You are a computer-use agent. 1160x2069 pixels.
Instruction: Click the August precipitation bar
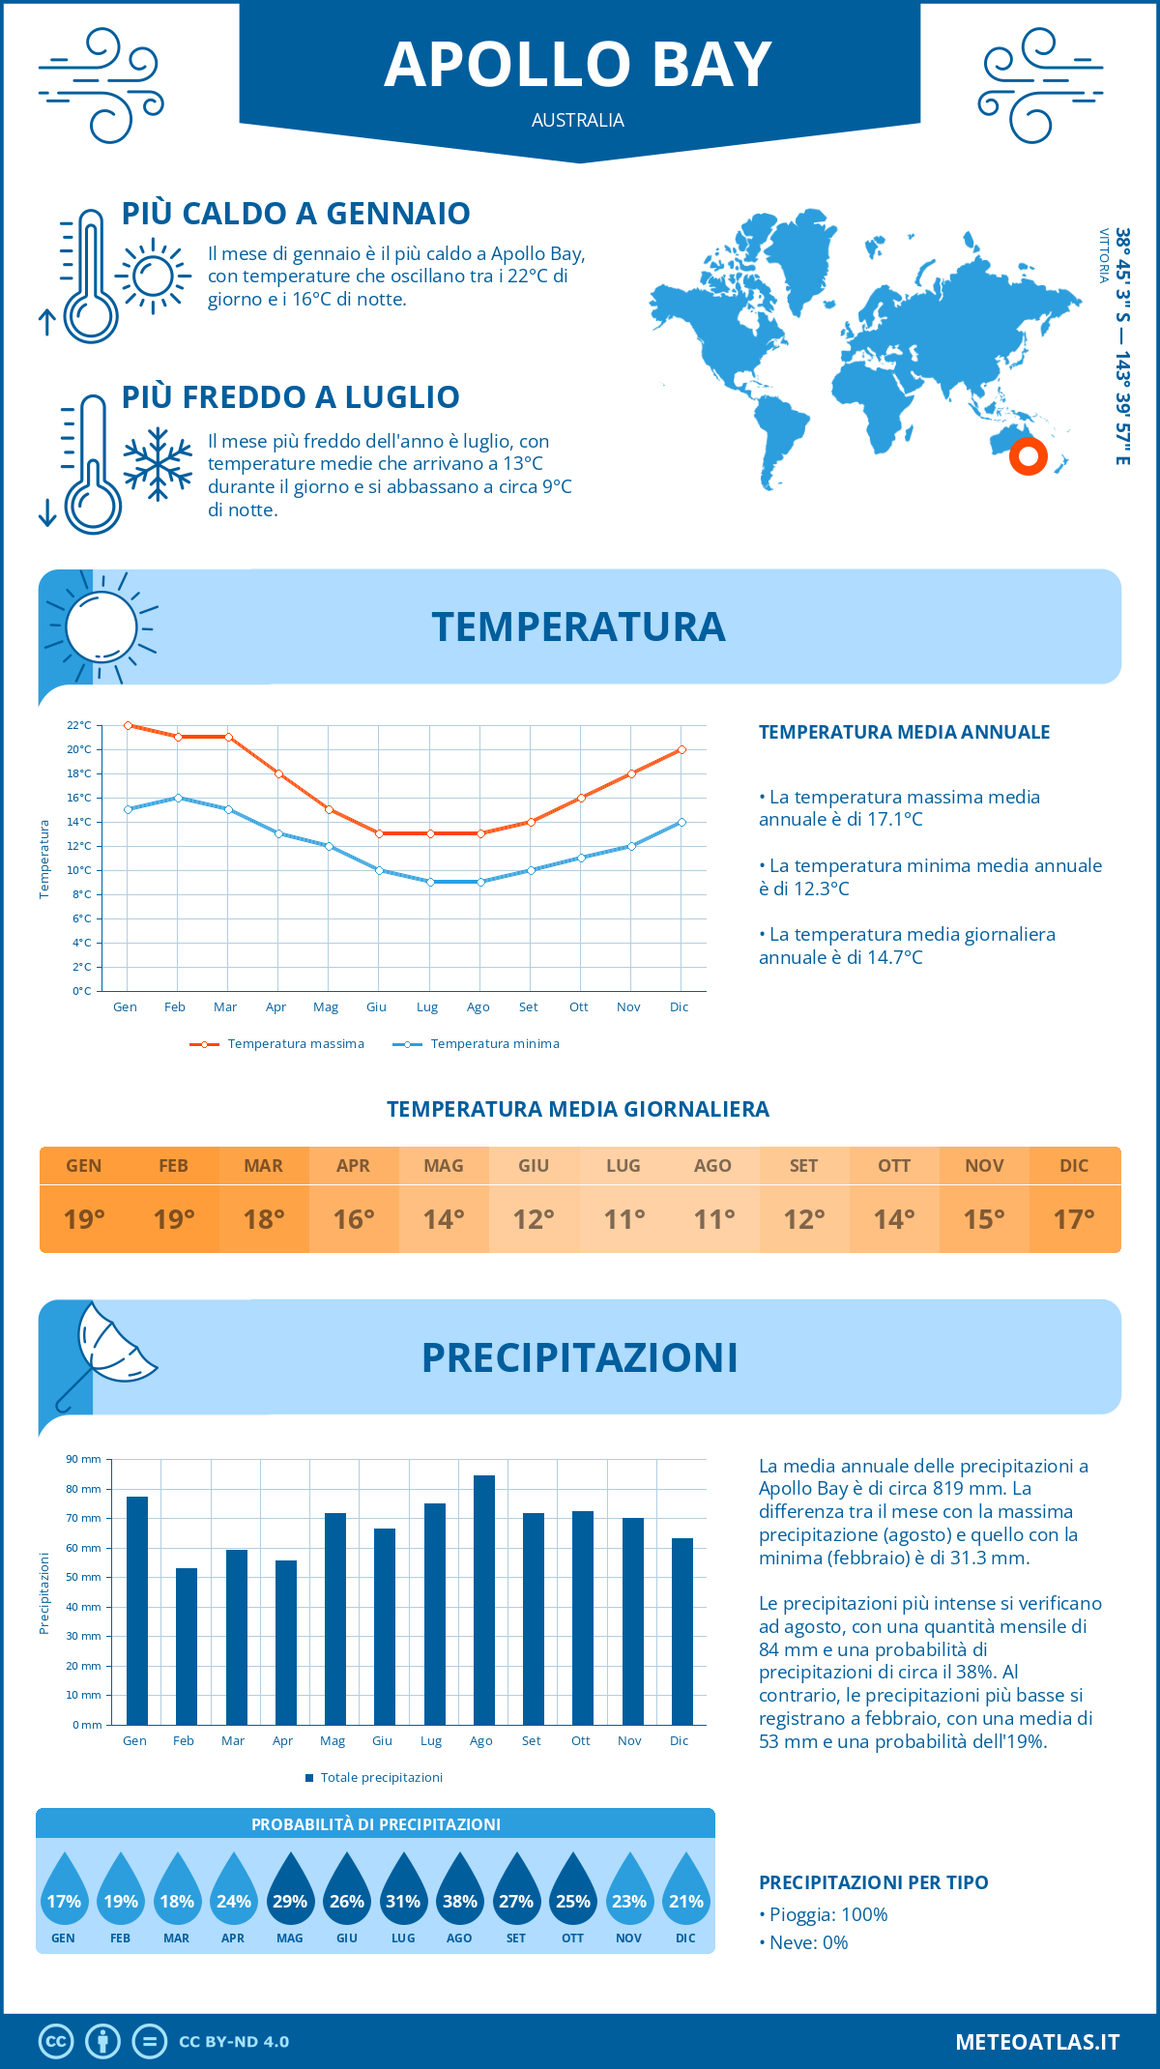[x=483, y=1600]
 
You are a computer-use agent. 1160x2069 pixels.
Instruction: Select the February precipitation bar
[x=186, y=1646]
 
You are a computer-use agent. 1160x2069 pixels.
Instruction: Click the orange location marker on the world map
[x=1028, y=455]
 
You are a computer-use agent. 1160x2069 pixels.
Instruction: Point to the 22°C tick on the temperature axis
[x=79, y=725]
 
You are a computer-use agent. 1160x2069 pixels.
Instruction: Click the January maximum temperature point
[x=128, y=725]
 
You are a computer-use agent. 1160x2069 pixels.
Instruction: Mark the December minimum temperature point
[x=681, y=822]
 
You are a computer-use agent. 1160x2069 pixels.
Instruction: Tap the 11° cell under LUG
[x=623, y=1219]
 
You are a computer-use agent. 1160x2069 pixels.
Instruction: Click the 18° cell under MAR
[x=264, y=1219]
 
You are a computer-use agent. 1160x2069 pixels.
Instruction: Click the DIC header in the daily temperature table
[x=1074, y=1166]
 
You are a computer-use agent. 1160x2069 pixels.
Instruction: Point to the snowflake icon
[x=158, y=464]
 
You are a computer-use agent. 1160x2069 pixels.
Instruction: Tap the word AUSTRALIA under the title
[x=578, y=120]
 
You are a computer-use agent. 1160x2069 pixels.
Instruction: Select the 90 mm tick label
[x=83, y=1459]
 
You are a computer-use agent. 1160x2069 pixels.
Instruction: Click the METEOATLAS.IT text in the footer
[x=1036, y=2042]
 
